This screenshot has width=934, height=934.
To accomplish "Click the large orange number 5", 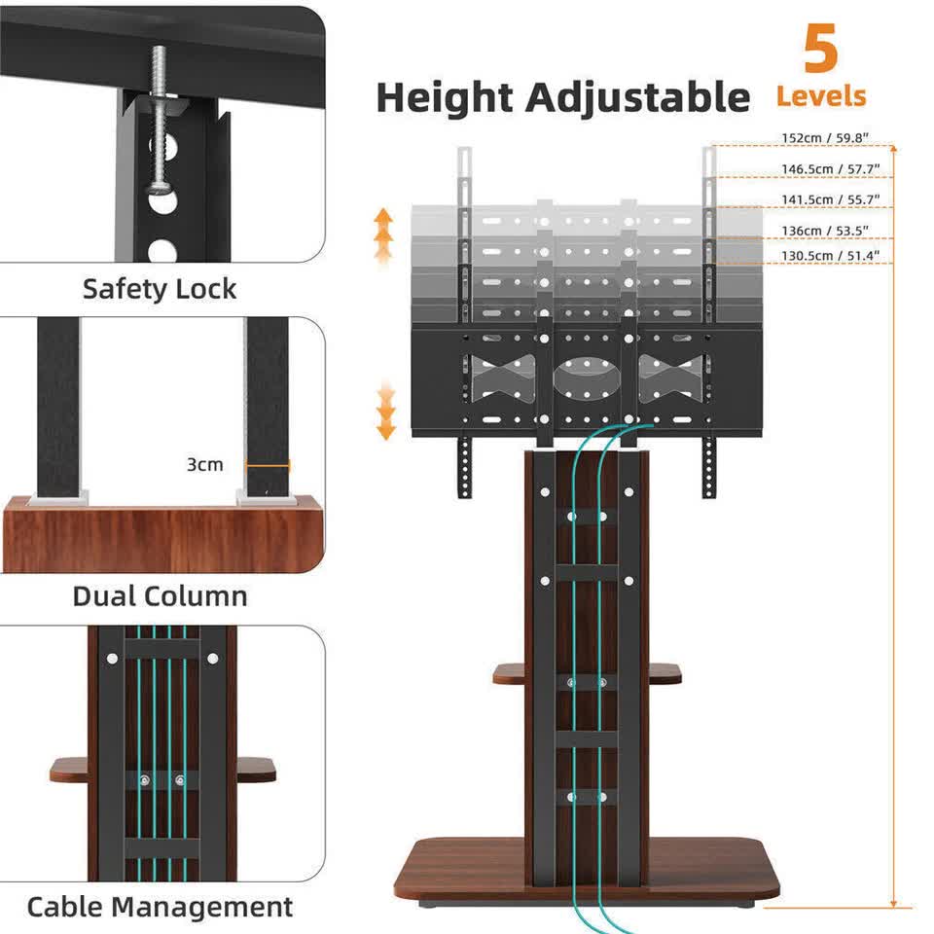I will (x=821, y=50).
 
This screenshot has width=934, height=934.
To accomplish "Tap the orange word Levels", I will (x=820, y=97).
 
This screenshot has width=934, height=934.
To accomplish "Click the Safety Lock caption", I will (x=160, y=289).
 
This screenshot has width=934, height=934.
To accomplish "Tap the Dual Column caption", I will (x=160, y=595).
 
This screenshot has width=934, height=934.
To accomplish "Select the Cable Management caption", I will (x=160, y=907).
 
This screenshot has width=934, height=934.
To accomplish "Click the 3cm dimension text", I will (x=204, y=465).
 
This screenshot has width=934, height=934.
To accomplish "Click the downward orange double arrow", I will (x=387, y=411).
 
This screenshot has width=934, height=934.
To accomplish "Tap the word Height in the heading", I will (x=444, y=98).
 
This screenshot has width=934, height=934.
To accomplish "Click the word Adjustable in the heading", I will (x=638, y=98).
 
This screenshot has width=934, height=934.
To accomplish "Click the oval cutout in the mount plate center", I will (x=586, y=377).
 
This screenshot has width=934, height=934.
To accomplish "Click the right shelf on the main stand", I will (x=664, y=673).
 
